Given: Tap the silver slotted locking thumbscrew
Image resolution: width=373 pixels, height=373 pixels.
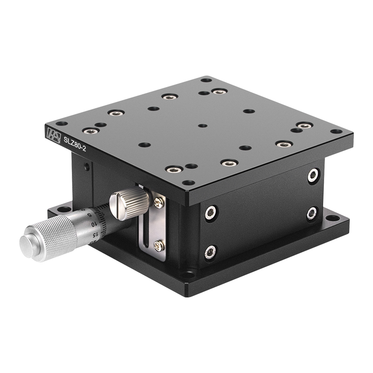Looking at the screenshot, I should [129, 204].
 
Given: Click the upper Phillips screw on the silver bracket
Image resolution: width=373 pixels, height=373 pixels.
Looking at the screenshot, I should [159, 202].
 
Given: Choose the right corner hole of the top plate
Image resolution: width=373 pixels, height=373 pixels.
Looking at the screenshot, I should [336, 131].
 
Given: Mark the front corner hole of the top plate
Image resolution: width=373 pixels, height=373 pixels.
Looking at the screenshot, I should [188, 183].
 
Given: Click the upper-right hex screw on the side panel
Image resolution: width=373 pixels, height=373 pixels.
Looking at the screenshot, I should [313, 175].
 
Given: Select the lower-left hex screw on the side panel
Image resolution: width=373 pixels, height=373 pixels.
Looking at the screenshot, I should [210, 252].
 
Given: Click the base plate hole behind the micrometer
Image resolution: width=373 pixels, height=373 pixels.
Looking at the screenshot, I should [62, 209].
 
